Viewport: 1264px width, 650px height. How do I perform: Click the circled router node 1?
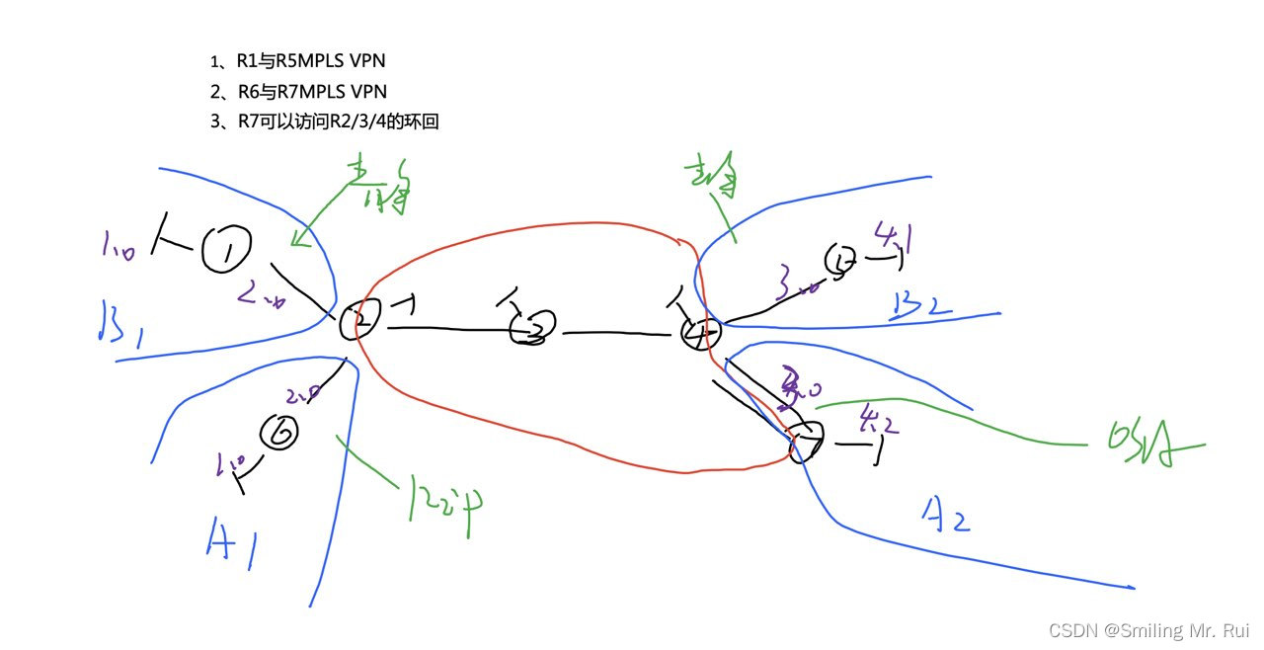(x=226, y=251)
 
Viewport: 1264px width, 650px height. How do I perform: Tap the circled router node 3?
(x=534, y=328)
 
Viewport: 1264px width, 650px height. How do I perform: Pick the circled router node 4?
(x=701, y=334)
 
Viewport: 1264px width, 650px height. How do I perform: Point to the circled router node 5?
(x=841, y=261)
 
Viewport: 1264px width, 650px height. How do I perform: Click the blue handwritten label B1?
(x=118, y=321)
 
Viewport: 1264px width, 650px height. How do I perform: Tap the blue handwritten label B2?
(x=919, y=303)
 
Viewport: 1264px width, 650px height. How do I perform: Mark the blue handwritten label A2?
(x=945, y=515)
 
